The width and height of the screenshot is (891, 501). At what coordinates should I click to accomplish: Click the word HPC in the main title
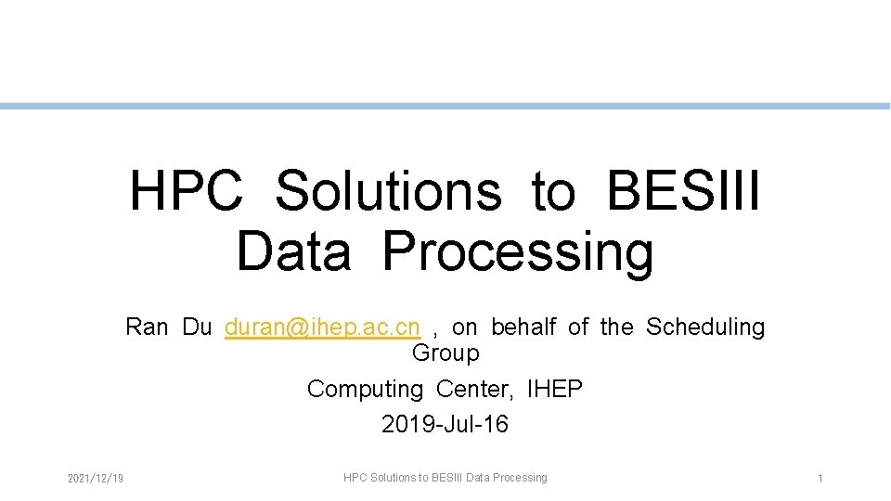pos(186,190)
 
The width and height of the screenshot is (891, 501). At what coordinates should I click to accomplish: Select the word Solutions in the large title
pos(389,190)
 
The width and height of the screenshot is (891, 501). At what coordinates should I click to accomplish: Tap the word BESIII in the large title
pos(683,190)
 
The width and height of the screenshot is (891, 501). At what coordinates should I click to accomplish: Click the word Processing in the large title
pos(518,252)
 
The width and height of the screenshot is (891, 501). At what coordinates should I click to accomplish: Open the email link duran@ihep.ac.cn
pos(322,328)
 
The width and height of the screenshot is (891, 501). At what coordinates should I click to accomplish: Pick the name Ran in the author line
pos(147,328)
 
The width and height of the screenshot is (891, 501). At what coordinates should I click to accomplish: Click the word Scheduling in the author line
pos(705,328)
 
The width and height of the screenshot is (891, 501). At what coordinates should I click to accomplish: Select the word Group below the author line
pos(445,353)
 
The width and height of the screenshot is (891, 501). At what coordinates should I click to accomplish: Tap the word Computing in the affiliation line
pos(365,389)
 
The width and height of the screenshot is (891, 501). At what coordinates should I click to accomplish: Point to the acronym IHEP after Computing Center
pos(554,389)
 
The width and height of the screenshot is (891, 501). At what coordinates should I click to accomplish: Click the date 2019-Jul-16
pos(445,425)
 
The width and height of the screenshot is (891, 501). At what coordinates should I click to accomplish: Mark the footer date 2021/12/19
pos(97,479)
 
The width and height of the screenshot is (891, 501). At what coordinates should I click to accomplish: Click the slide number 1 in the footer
pos(820,479)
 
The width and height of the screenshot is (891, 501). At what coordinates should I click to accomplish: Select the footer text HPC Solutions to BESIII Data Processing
pos(445,478)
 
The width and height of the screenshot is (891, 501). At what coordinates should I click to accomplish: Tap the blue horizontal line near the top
pos(445,107)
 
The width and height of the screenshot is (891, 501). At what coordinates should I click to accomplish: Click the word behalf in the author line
pos(523,328)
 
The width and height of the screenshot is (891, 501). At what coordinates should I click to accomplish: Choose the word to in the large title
pos(554,190)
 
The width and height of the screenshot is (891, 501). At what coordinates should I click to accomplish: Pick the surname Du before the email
pos(197,328)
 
